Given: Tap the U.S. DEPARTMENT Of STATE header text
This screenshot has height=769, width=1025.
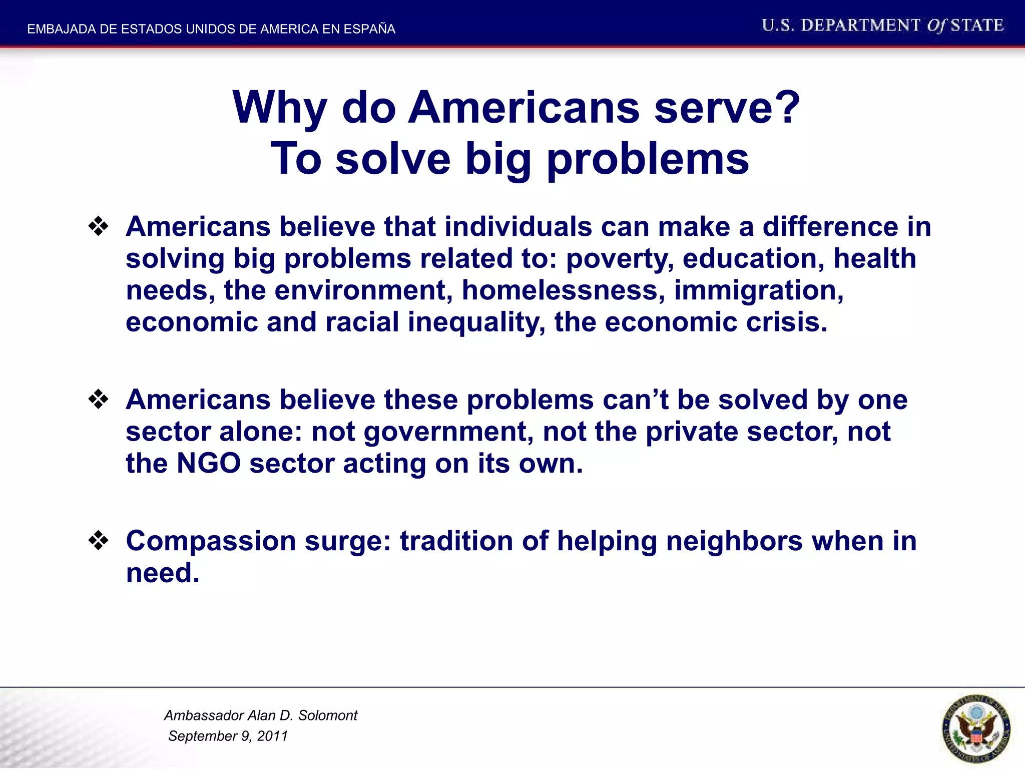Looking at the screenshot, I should (882, 25).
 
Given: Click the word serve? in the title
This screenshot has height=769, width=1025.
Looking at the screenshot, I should (727, 108).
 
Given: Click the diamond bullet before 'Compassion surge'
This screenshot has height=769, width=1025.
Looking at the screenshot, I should (99, 541).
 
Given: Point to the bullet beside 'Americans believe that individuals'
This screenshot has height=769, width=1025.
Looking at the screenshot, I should (99, 227).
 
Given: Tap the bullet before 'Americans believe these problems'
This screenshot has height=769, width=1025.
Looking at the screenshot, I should (99, 400).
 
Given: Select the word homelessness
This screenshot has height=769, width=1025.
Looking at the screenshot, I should (564, 290).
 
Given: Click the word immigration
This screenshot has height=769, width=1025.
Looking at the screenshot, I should (759, 290).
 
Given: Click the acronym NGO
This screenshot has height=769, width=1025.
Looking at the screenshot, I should (209, 463).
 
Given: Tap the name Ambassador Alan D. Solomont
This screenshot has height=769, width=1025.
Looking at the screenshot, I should (261, 715).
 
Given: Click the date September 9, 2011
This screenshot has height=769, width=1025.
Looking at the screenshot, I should (228, 736).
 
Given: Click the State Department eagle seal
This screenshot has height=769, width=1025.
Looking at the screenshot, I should (975, 728).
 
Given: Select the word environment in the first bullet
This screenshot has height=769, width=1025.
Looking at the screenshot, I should (363, 290).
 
